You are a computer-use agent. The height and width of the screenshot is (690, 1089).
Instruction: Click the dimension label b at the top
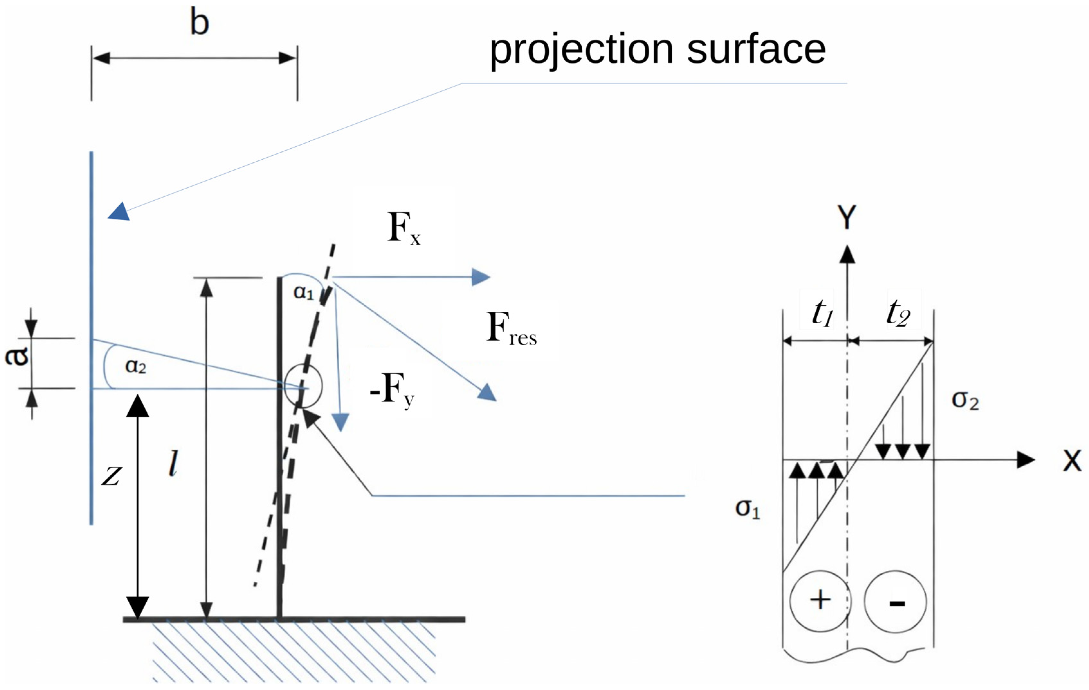point(199,22)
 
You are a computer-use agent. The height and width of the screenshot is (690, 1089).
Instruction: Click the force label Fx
point(404,229)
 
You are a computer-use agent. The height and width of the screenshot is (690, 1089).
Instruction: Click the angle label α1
point(304,292)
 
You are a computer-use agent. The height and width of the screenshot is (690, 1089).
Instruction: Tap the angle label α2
point(136,365)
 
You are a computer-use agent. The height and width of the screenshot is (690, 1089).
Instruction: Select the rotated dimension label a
point(17,357)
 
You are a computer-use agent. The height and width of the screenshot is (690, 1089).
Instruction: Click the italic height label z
point(111,476)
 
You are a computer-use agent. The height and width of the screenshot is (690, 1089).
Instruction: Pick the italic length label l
point(173,463)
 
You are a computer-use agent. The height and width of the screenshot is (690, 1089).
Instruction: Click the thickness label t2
point(898,313)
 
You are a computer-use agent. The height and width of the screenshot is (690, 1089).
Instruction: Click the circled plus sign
point(820,601)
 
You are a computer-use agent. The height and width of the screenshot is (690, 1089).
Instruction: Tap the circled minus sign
point(896,602)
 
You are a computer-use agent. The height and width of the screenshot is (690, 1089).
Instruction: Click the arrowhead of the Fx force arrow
point(481,277)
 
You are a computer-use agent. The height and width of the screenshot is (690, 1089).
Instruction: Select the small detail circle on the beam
point(304,385)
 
